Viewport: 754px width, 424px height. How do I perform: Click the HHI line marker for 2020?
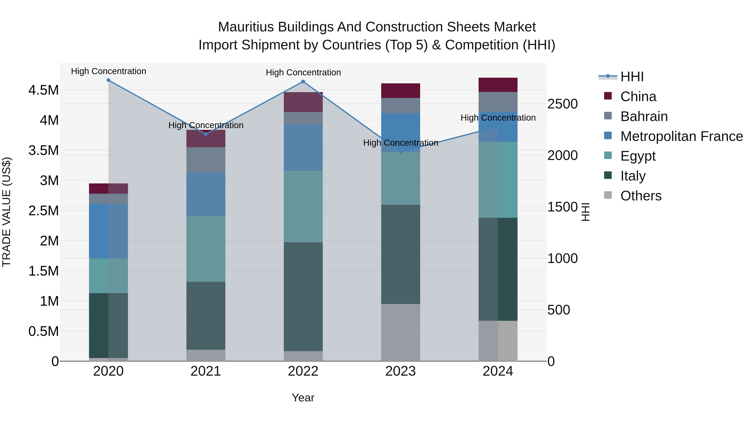108,80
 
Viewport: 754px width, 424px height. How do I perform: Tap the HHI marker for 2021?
206,134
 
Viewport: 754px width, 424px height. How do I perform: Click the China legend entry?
638,97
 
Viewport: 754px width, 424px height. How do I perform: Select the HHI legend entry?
632,77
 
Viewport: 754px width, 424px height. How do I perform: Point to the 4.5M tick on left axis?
43,90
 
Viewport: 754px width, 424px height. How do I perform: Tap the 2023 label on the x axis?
400,371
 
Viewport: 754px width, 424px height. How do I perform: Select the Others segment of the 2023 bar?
400,332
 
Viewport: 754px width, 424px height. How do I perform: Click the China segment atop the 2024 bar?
498,85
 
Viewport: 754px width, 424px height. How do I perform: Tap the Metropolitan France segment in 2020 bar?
108,231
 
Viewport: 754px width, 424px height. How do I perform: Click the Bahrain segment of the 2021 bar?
206,160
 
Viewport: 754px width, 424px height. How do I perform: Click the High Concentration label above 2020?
108,71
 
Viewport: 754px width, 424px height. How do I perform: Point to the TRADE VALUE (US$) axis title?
6,212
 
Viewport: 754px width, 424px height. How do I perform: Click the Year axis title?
303,398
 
